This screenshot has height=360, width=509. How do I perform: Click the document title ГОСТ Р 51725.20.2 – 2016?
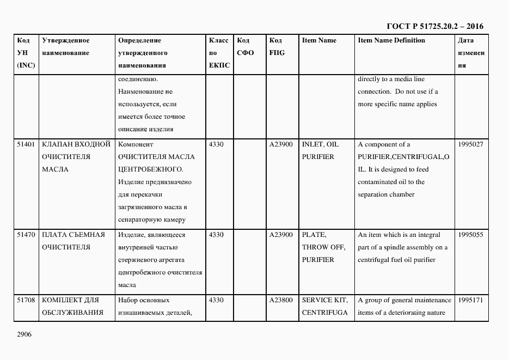[434, 26]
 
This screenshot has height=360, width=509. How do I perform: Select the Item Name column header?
[319, 40]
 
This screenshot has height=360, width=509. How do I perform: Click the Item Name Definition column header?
[391, 40]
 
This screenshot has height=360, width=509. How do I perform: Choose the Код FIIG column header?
[277, 47]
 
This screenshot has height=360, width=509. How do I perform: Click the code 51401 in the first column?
[26, 144]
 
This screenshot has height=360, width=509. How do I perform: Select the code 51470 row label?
[26, 235]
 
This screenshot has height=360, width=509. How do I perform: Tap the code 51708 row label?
[26, 300]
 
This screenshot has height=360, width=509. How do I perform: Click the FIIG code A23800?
[281, 300]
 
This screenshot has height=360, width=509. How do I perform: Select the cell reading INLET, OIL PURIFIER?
[320, 151]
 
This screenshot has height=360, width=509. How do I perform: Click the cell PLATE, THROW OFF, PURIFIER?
[323, 247]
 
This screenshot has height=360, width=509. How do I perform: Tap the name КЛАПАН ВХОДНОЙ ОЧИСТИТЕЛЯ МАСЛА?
[76, 157]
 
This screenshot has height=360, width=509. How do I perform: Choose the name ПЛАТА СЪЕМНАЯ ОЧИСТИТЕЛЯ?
[73, 241]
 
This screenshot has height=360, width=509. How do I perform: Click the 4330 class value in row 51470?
[216, 235]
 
